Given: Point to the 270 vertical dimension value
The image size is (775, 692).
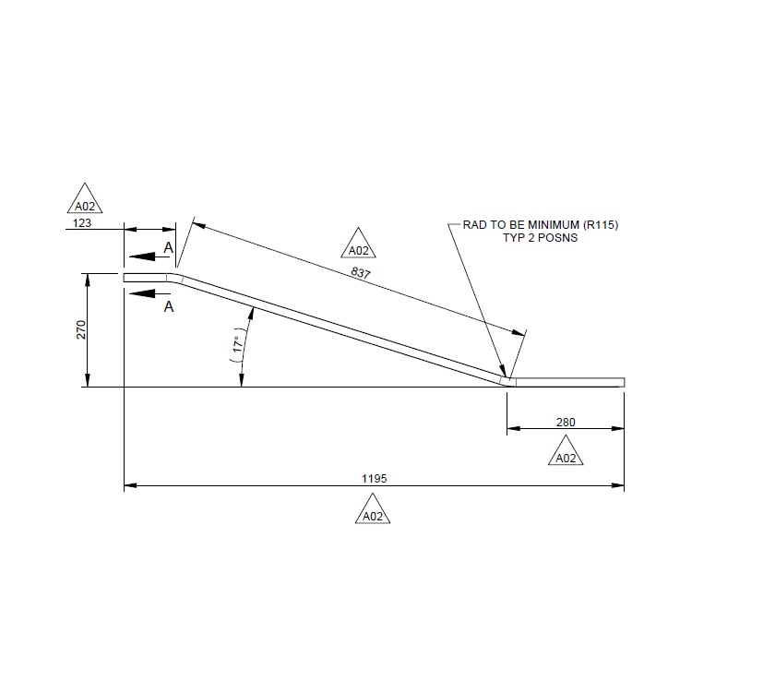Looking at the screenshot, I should point(80,330).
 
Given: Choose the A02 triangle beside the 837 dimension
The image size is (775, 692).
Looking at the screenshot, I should point(358,246).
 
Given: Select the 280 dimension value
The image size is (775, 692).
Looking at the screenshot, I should point(566,422).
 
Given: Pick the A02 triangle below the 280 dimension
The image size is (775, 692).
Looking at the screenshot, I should point(566,454).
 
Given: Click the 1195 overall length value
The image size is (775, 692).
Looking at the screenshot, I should point(374,478).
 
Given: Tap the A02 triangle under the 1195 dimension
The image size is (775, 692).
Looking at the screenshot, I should point(373,513).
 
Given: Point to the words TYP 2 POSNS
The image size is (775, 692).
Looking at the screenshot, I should point(540,238).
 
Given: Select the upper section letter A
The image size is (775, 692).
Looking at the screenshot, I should point(168,247).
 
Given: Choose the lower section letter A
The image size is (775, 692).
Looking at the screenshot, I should point(168,306).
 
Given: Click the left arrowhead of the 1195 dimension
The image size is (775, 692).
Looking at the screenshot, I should point(130,485).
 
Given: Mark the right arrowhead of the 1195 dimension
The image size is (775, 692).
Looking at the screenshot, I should point(618,485).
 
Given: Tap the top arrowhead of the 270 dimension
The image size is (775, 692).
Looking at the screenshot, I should point(87,279).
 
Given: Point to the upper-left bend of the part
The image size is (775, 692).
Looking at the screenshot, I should point(173,278).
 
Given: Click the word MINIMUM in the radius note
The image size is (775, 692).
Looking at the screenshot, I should point(546,225).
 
